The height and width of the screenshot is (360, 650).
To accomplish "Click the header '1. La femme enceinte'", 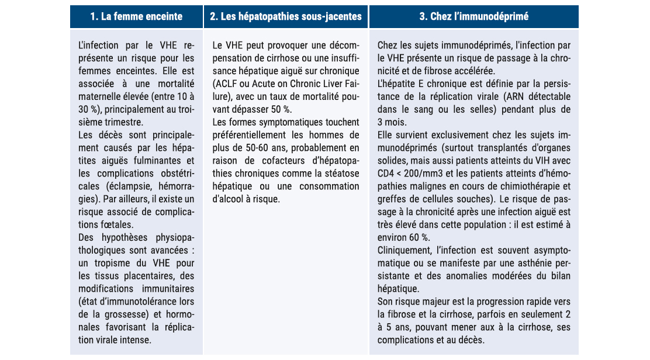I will point(136,16).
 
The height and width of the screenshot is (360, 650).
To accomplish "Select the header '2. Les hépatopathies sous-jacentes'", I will point(286,16).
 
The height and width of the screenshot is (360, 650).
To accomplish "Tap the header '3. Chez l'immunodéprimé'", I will point(474,16).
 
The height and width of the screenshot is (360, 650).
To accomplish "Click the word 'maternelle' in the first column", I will point(102,96).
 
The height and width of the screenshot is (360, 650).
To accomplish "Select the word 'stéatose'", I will point(340,174).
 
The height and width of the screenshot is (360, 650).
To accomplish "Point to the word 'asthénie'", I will point(534,263).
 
